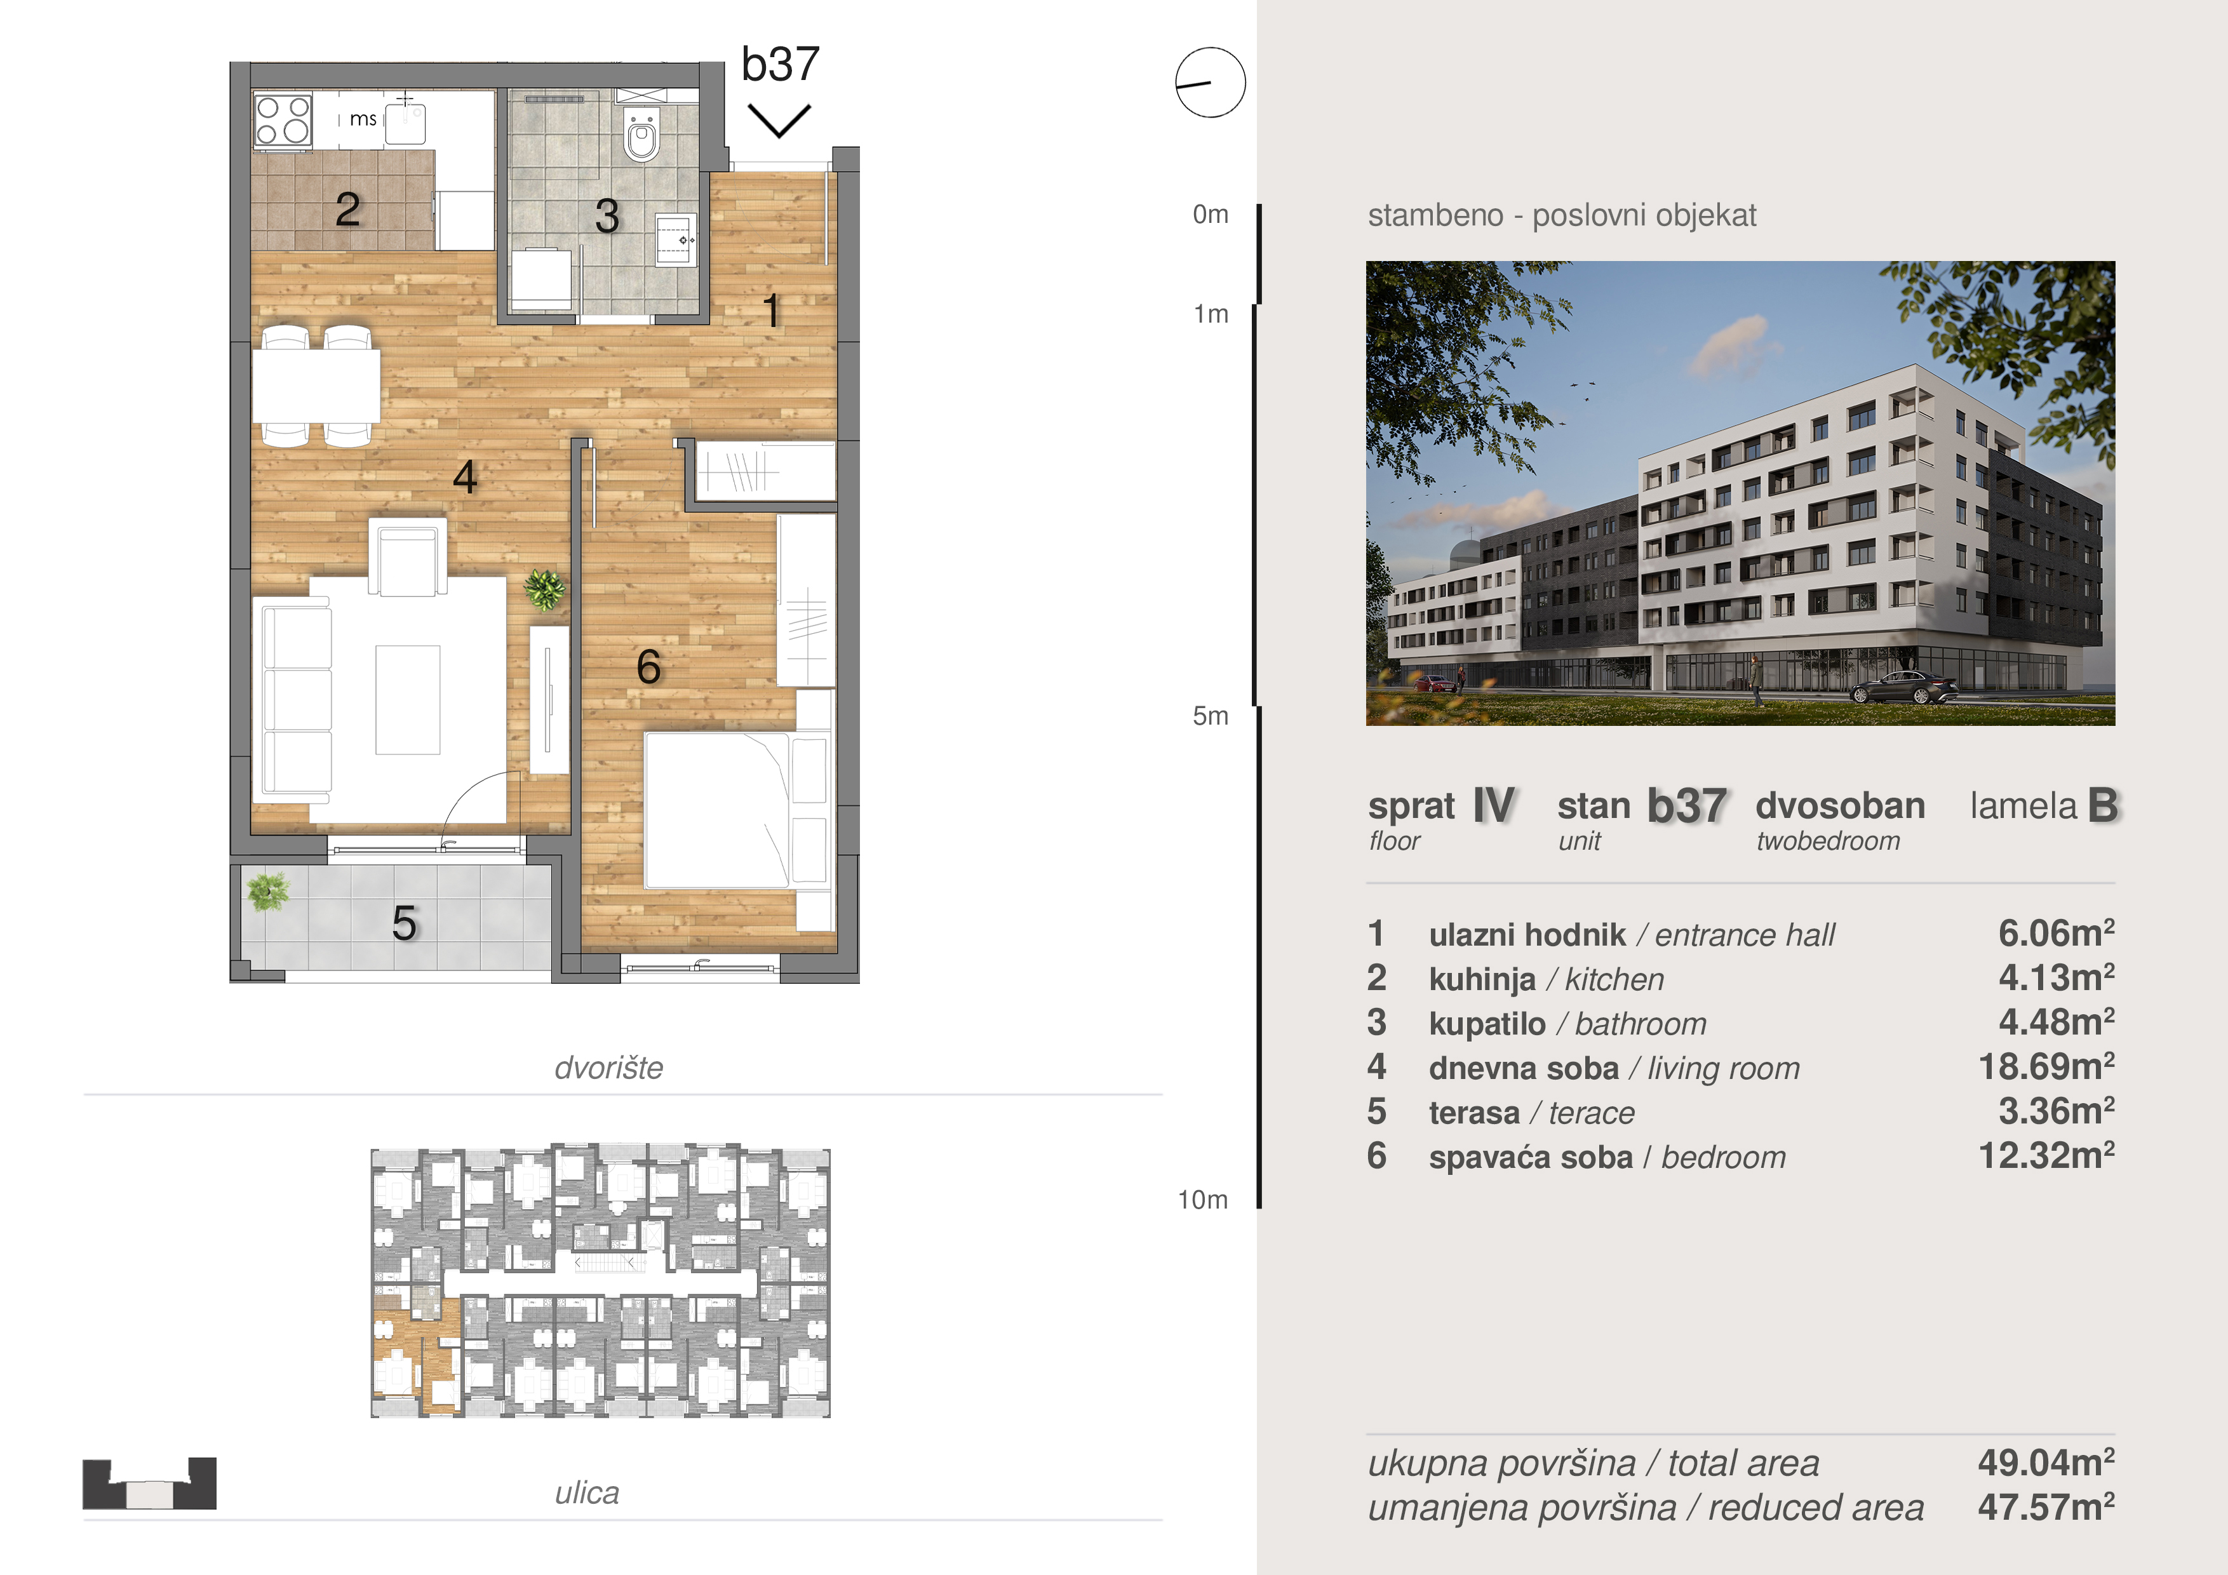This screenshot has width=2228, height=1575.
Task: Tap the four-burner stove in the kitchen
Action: click(x=283, y=120)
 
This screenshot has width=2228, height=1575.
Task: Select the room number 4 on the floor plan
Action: click(x=465, y=476)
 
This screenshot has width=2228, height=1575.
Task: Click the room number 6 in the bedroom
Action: click(x=648, y=667)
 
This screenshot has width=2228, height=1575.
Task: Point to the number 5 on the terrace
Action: click(x=405, y=923)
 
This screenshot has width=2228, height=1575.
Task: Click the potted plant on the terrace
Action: click(x=268, y=891)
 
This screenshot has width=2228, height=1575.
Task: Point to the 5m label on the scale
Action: click(x=1210, y=716)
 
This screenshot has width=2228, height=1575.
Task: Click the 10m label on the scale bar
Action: click(x=1204, y=1200)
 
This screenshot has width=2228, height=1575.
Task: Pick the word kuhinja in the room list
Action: click(x=1482, y=980)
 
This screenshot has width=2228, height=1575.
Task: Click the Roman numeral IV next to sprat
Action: click(x=1493, y=805)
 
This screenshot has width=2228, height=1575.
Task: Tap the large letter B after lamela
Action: click(x=2103, y=805)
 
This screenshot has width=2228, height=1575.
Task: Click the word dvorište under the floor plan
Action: click(x=608, y=1068)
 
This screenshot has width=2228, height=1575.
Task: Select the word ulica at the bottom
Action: click(x=587, y=1494)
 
